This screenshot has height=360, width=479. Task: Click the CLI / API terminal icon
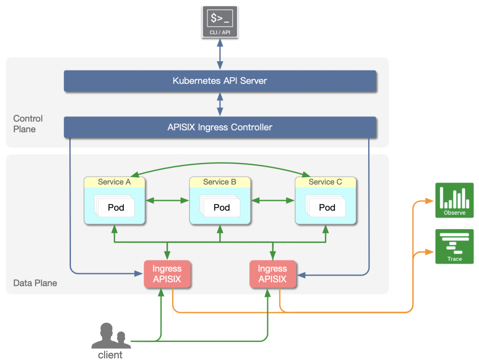pyautogui.click(x=220, y=21)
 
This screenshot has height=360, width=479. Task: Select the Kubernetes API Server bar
pyautogui.click(x=220, y=81)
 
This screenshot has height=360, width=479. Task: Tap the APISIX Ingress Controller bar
pyautogui.click(x=220, y=127)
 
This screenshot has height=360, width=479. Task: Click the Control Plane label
pyautogui.click(x=28, y=124)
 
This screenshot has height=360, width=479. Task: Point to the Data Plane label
pyautogui.click(x=35, y=283)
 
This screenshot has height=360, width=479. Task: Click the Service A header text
pyautogui.click(x=114, y=182)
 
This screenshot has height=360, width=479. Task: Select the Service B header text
pyautogui.click(x=220, y=182)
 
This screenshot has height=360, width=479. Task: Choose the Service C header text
pyautogui.click(x=325, y=182)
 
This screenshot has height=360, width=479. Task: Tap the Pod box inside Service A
pyautogui.click(x=116, y=207)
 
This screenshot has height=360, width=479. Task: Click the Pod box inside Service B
pyautogui.click(x=222, y=207)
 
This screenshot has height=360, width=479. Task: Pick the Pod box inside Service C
pyautogui.click(x=327, y=207)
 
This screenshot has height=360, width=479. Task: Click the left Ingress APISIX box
pyautogui.click(x=167, y=274)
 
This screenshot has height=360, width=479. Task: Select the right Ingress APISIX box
pyautogui.click(x=272, y=274)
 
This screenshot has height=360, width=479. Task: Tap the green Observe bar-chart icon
pyautogui.click(x=454, y=200)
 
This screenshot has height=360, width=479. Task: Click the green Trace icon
pyautogui.click(x=454, y=246)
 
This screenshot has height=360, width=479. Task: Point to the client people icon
pyautogui.click(x=111, y=336)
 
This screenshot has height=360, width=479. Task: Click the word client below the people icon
pyautogui.click(x=110, y=355)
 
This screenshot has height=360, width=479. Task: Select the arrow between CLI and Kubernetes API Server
pyautogui.click(x=220, y=54)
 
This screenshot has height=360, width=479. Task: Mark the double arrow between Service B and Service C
pyautogui.click(x=273, y=201)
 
